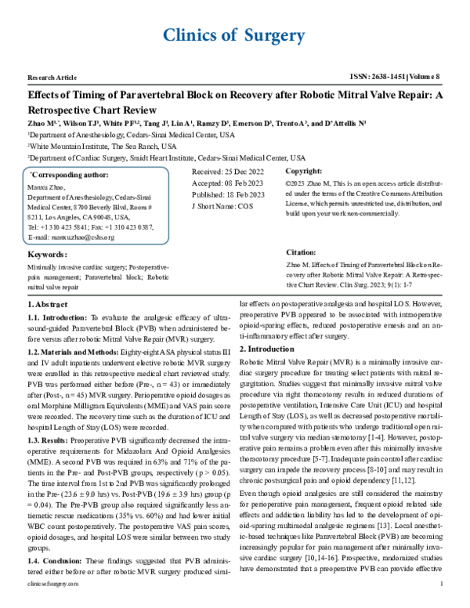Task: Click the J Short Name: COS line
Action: tap(223, 206)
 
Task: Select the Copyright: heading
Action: tap(304, 171)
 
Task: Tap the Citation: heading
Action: tap(301, 253)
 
